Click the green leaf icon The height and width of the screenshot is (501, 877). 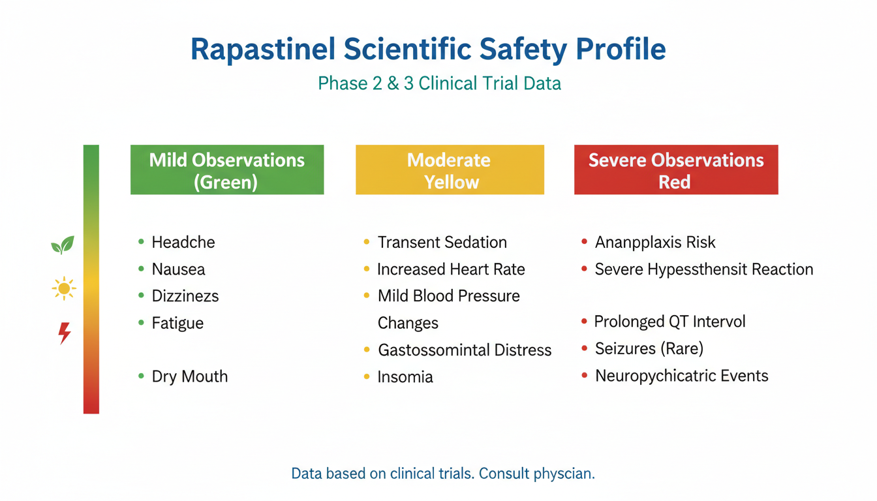63,245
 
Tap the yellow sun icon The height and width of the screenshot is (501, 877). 64,289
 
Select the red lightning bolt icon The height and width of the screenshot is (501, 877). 65,333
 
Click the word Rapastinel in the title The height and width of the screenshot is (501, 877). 263,50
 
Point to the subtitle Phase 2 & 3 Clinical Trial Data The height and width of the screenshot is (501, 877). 439,83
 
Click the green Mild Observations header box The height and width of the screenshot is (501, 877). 227,170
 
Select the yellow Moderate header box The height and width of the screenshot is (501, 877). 450,170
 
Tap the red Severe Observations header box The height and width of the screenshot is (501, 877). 676,170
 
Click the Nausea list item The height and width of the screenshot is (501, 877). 178,269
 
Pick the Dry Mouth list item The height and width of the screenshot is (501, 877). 189,376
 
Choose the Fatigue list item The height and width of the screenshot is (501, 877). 177,324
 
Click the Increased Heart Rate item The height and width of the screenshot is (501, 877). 451,269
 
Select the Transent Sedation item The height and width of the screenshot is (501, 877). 442,242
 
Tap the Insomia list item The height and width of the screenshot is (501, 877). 405,377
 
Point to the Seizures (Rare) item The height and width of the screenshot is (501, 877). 649,348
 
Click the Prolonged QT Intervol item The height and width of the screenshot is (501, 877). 670,322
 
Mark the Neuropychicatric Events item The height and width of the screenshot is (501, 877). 682,376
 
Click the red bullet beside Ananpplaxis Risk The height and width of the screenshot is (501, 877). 584,241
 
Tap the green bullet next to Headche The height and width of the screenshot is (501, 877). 141,241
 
